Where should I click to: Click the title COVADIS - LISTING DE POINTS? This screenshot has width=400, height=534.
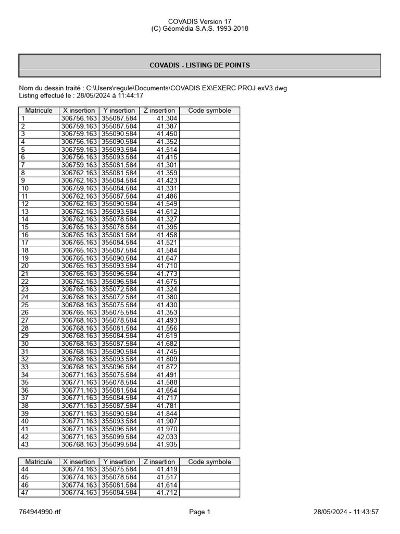[x=199, y=65]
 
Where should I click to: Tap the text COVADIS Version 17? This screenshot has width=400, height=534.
[x=199, y=21]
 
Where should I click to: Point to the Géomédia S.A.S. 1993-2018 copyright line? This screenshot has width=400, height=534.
[x=199, y=29]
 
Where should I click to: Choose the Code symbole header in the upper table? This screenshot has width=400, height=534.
[x=209, y=111]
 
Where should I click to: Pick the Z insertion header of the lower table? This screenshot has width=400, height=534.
[x=159, y=462]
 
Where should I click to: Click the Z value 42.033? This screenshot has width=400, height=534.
[x=167, y=437]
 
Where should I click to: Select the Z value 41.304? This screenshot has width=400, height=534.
[x=167, y=118]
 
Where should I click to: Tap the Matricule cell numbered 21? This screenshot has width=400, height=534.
[x=24, y=274]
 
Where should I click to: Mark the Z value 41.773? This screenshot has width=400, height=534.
[x=167, y=274]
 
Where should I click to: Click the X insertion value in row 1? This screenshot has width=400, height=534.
[x=79, y=118]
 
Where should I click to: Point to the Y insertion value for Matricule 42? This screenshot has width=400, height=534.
[x=119, y=437]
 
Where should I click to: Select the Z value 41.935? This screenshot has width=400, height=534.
[x=167, y=445]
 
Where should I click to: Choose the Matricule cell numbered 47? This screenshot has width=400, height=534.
[x=24, y=493]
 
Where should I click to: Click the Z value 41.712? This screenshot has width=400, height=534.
[x=167, y=493]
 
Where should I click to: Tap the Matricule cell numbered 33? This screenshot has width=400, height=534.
[x=24, y=367]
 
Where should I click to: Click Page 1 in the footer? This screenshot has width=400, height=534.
[x=199, y=512]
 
